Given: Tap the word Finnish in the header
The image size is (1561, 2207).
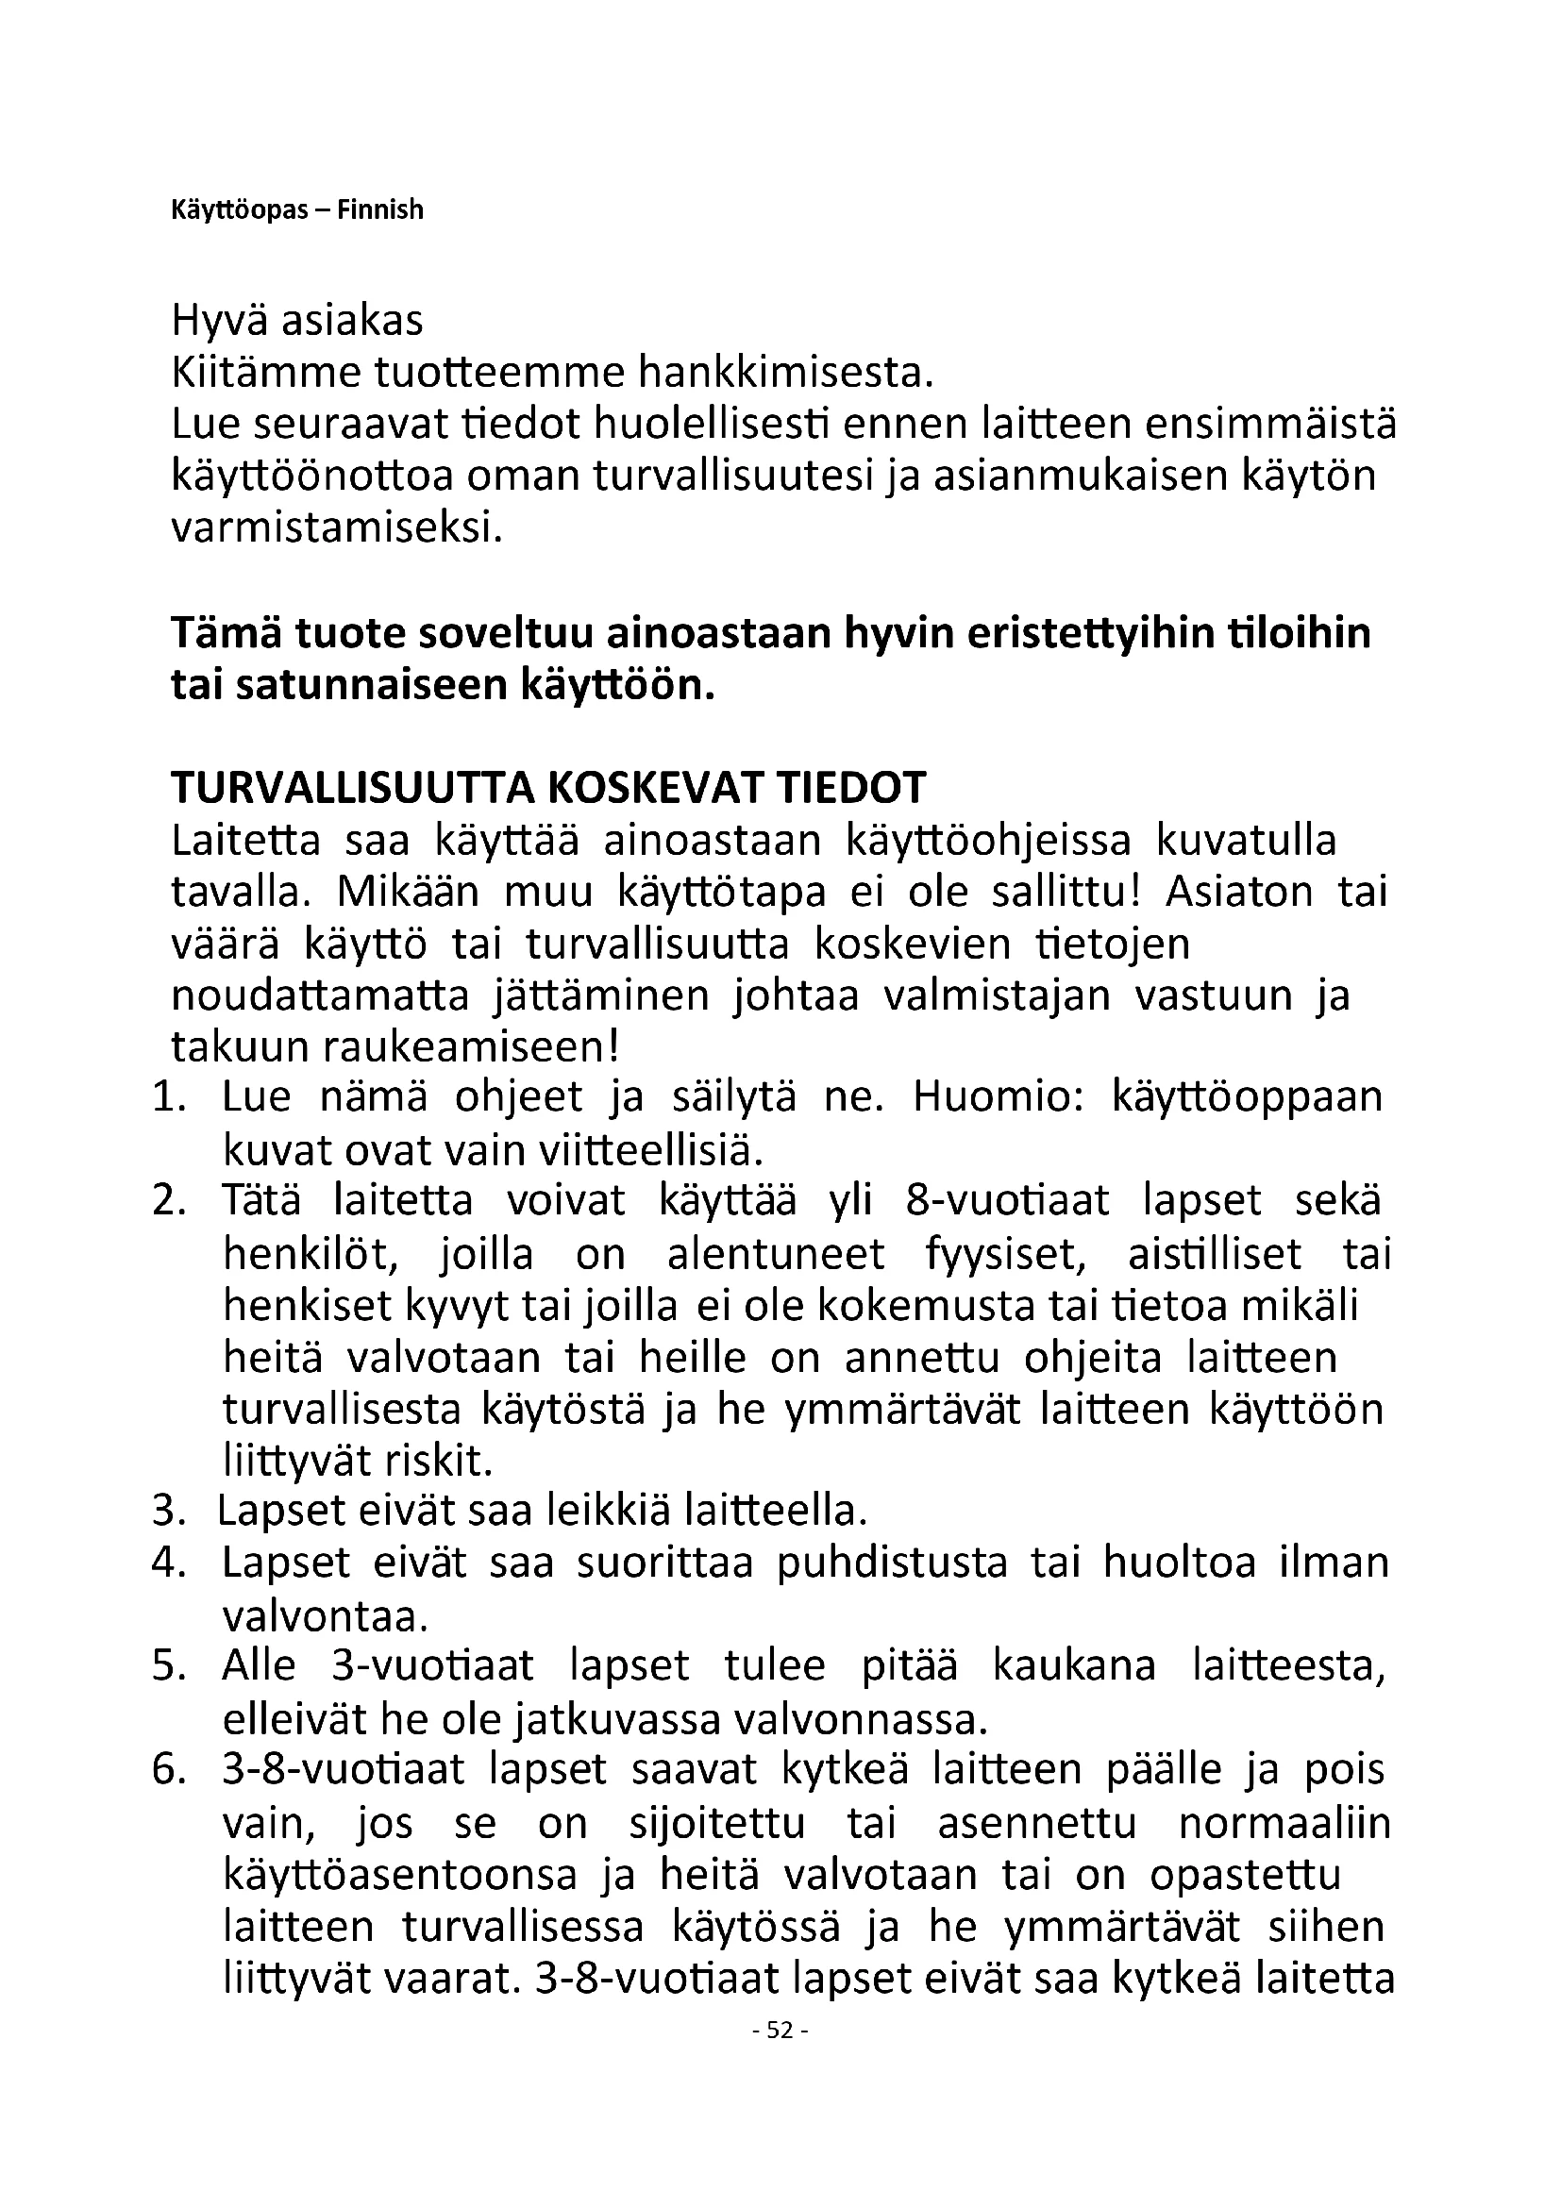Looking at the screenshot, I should pos(380,210).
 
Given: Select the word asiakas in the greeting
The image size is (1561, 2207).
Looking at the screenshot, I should pos(352,321).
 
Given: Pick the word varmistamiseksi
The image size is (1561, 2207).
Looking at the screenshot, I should pos(336,528).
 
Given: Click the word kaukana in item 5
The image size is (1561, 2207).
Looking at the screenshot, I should pos(1074,1666).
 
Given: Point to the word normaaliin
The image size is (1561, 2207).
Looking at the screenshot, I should pos(1284,1824).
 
